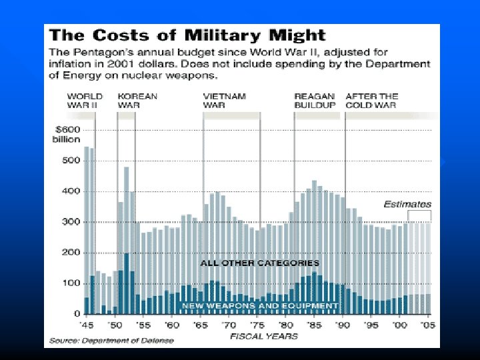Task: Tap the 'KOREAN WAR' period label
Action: (x=137, y=101)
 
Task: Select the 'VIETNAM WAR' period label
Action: (x=224, y=101)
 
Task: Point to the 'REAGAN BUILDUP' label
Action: (x=315, y=101)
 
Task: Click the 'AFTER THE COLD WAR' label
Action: (x=371, y=101)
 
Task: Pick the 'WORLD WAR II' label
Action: (x=85, y=101)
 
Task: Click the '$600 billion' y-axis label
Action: (x=67, y=134)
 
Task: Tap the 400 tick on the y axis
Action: (x=71, y=191)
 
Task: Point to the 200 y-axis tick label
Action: (x=71, y=253)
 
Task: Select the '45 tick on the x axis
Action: (x=87, y=325)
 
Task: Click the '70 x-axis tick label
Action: (x=228, y=325)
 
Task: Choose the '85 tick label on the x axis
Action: (x=313, y=325)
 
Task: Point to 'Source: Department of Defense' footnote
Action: (x=110, y=341)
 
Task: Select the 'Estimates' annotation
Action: (x=407, y=204)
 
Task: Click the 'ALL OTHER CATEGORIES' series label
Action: (x=260, y=263)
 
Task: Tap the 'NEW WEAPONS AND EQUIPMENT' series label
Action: (x=260, y=305)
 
